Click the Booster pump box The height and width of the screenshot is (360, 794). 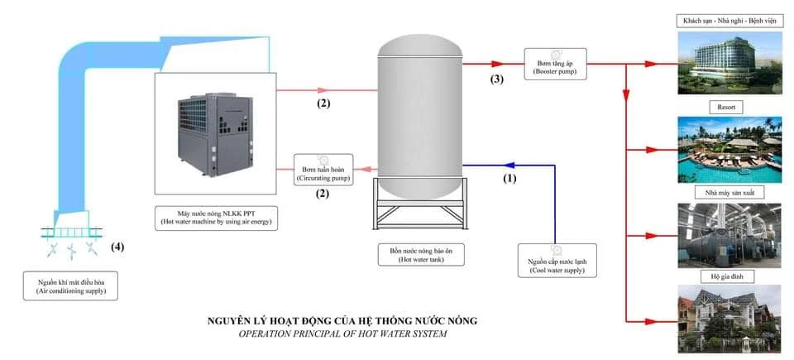554,63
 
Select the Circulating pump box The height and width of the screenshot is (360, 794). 323,168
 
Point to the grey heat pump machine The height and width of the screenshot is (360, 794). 213,137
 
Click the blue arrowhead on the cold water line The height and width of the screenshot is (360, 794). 508,165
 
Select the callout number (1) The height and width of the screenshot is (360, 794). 510,177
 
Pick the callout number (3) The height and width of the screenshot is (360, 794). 496,79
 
